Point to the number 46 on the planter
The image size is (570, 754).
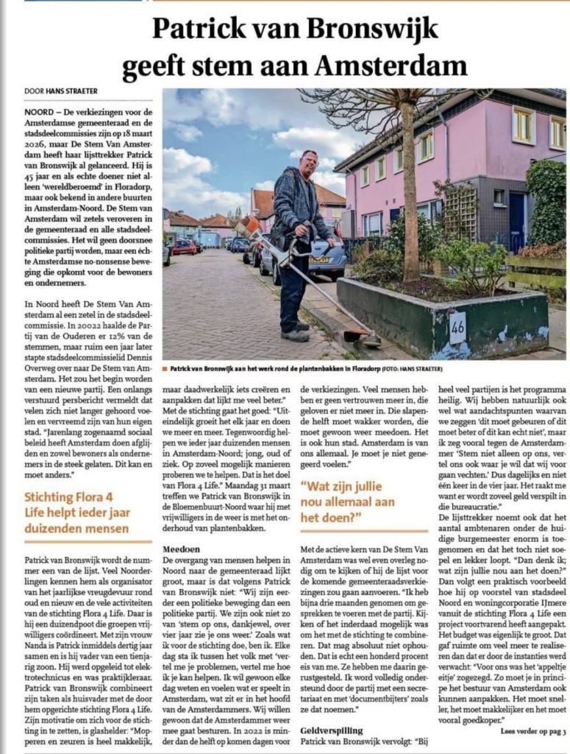click(457, 323)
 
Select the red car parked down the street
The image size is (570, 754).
click(183, 247)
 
